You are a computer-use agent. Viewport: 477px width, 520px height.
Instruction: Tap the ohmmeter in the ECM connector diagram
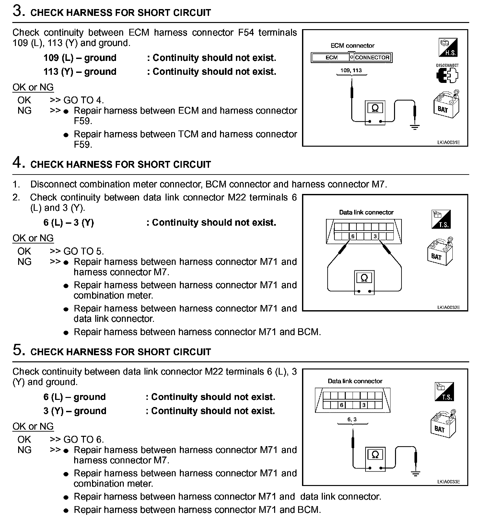coord(375,112)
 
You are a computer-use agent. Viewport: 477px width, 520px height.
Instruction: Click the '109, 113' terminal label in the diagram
coord(351,71)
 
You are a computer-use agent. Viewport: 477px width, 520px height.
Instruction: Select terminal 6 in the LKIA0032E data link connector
coord(353,236)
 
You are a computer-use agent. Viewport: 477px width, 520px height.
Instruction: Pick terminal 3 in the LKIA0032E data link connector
coord(375,236)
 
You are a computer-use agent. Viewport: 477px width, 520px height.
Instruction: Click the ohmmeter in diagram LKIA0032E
coord(364,281)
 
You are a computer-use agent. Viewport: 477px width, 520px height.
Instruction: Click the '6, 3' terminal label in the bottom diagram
coord(352,419)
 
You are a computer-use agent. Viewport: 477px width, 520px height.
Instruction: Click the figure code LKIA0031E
coord(448,142)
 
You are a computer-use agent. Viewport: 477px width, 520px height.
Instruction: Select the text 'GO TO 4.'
coord(84,100)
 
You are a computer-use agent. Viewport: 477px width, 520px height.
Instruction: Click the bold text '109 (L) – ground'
coord(80,58)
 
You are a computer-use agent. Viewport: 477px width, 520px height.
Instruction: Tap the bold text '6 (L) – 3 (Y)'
coord(69,223)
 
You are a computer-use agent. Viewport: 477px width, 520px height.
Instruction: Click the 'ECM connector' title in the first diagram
coord(352,46)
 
